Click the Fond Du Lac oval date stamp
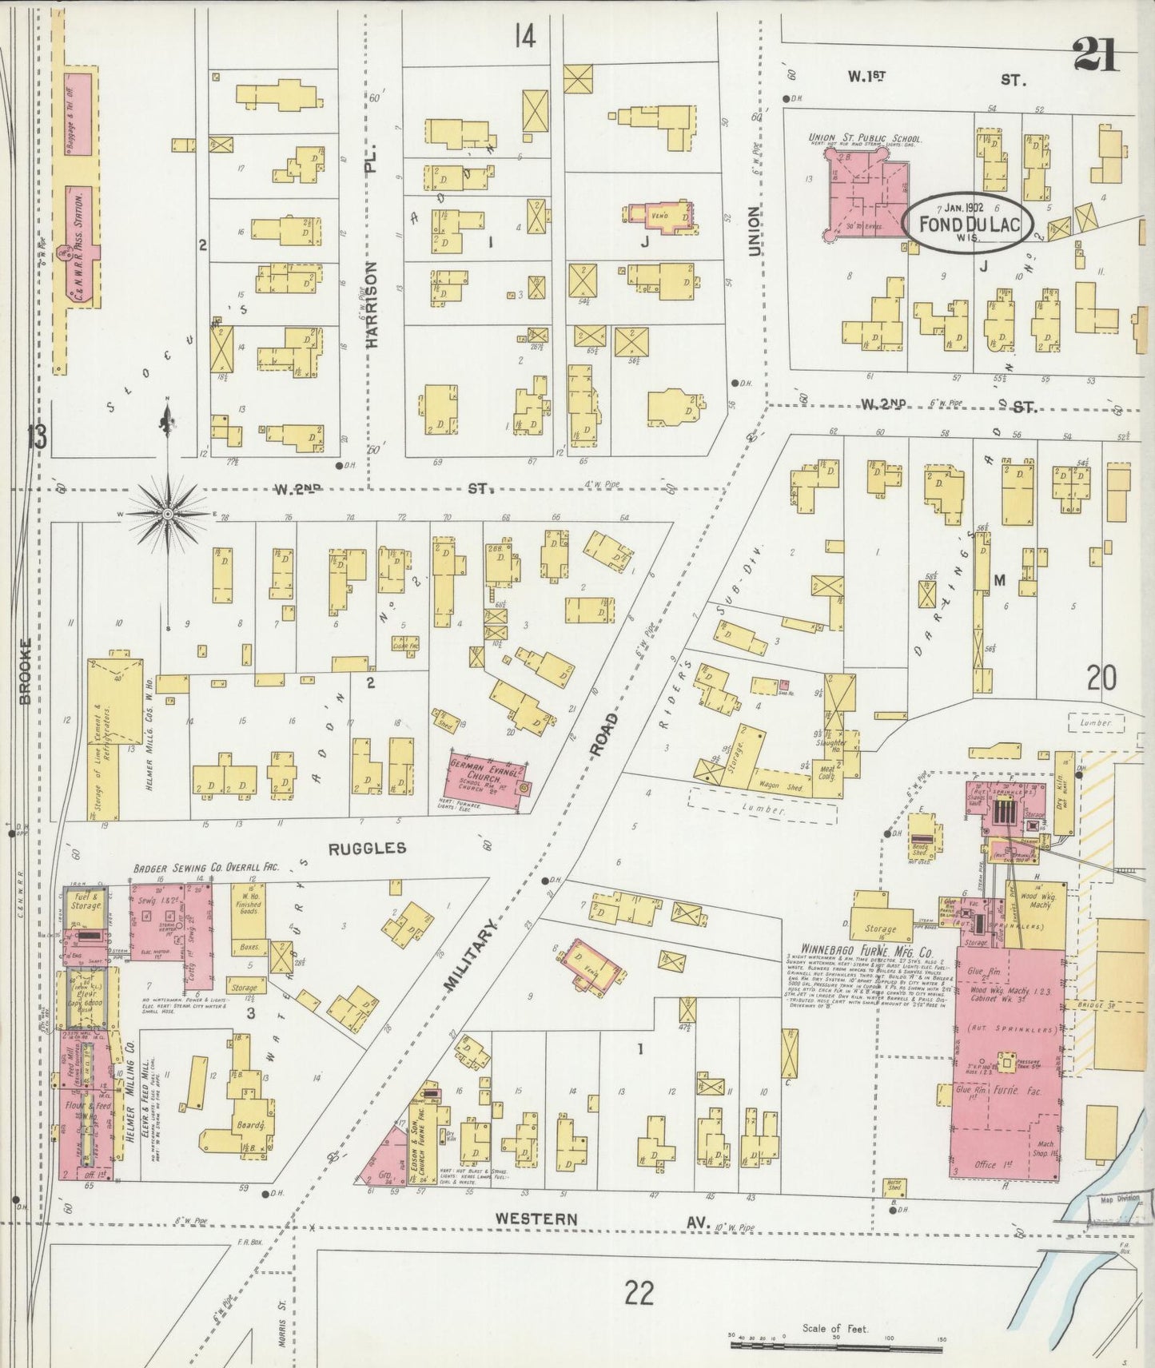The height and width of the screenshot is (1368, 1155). [x=969, y=222]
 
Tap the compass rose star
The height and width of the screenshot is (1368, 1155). [x=167, y=516]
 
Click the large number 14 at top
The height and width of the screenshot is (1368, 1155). [x=524, y=36]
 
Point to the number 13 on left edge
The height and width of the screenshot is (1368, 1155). [x=37, y=438]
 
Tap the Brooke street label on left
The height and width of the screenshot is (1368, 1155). [x=25, y=671]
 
